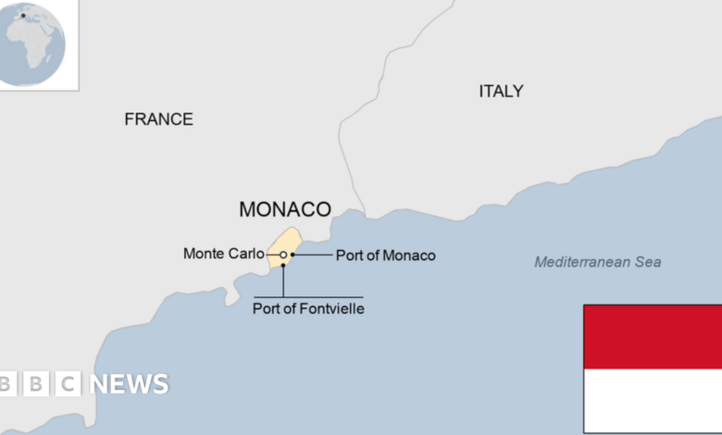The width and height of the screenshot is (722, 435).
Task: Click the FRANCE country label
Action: click(158, 119)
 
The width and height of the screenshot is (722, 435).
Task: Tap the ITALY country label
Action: click(501, 92)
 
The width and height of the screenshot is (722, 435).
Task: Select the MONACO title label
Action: click(285, 209)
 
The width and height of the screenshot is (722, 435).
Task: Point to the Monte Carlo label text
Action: click(223, 254)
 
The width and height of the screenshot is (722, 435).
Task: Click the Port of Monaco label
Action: click(385, 255)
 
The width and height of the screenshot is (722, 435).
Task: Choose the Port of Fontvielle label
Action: click(308, 309)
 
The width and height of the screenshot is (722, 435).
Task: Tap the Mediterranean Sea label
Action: click(598, 262)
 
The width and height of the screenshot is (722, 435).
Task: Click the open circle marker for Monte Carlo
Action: click(283, 255)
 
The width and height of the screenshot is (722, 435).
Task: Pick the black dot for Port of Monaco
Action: click(293, 255)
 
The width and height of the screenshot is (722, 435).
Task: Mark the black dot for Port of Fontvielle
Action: click(283, 266)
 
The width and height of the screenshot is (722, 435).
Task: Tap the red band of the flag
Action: click(653, 337)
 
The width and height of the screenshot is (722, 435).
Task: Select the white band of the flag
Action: click(653, 400)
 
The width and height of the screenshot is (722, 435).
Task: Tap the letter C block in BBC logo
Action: click(67, 384)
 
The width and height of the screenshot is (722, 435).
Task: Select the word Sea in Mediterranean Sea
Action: click(647, 262)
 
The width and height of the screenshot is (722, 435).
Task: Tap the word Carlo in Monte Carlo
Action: click(245, 254)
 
